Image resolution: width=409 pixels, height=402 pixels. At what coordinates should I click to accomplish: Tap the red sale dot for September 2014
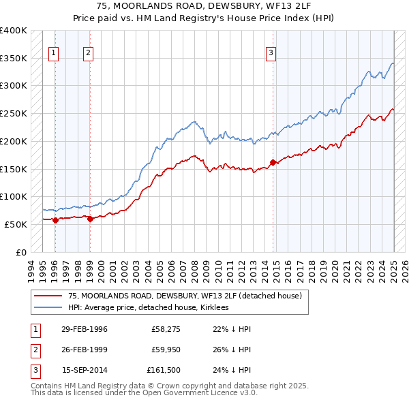(x=273, y=162)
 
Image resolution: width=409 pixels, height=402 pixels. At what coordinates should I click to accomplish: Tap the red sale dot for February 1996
(x=55, y=219)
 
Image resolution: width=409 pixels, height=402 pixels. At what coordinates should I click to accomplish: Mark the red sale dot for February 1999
(x=90, y=219)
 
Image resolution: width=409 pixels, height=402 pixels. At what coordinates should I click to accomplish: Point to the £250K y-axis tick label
(x=14, y=113)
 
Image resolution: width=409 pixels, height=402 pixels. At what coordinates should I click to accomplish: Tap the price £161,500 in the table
(x=163, y=371)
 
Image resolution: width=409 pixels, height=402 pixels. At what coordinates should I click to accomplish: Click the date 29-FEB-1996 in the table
(x=85, y=329)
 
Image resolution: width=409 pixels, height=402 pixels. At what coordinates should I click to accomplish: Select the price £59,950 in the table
(x=165, y=350)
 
